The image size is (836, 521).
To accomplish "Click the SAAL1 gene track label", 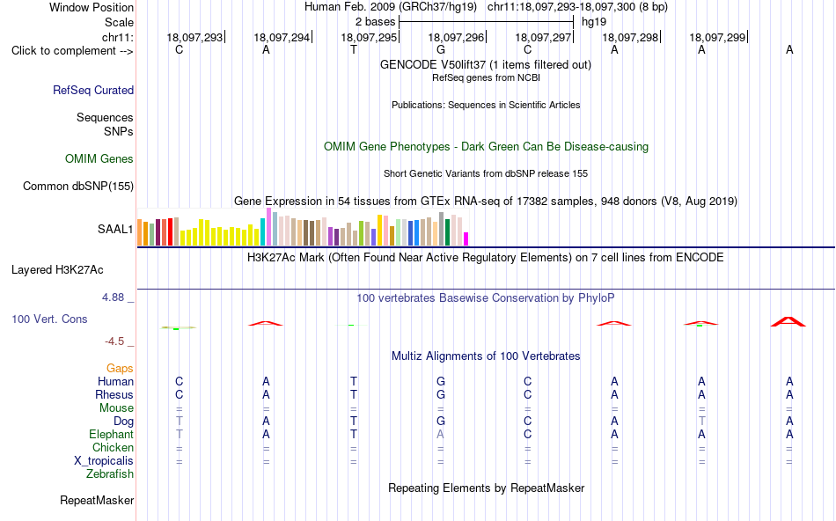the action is (x=115, y=230).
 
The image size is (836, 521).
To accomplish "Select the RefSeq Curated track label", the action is (x=93, y=90).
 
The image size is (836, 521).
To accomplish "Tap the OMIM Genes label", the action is (x=99, y=159).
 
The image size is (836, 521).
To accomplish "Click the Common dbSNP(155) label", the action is (x=78, y=186).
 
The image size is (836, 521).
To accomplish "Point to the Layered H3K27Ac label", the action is (x=57, y=270).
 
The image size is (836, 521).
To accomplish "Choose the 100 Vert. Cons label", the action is (x=49, y=319).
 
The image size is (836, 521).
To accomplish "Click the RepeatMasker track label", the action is (x=97, y=500).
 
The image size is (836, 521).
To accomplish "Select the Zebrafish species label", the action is (x=110, y=473).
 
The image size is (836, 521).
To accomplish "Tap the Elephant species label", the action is (x=111, y=434).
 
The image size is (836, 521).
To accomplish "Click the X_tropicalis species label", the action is (x=104, y=461).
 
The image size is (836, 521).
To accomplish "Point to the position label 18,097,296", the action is (x=456, y=37).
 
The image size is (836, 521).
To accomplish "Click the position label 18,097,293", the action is (x=194, y=37).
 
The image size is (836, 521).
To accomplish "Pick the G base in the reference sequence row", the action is (x=440, y=49).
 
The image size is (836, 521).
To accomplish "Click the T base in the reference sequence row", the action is (x=354, y=49).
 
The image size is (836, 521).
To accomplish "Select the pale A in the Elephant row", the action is (x=440, y=434).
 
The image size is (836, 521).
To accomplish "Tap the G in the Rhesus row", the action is (x=440, y=394).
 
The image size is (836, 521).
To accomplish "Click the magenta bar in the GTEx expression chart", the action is (x=466, y=238).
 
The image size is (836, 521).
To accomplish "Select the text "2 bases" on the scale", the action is (x=376, y=22).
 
